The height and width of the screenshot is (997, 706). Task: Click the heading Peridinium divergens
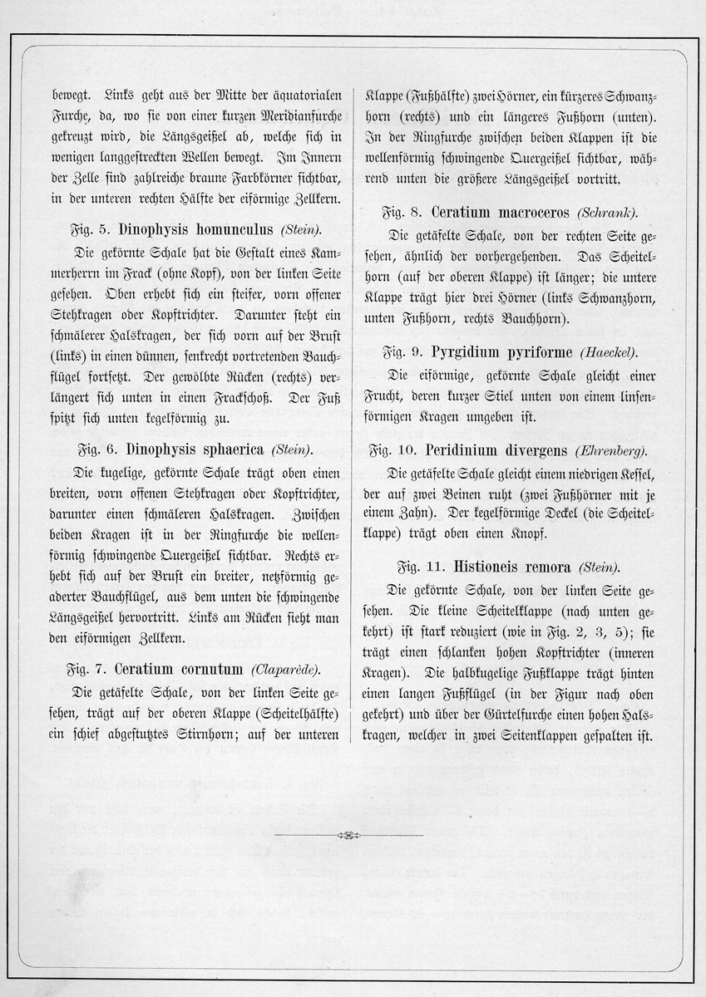tap(496, 450)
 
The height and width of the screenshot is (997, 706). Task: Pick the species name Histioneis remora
tap(512, 568)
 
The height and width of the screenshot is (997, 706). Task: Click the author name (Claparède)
tap(284, 670)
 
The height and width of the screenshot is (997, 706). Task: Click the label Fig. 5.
tap(88, 228)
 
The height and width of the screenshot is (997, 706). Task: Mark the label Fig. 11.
tap(420, 568)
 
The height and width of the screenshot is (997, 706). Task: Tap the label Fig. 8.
tap(402, 214)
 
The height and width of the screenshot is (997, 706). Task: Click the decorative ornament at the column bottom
tap(353, 834)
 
